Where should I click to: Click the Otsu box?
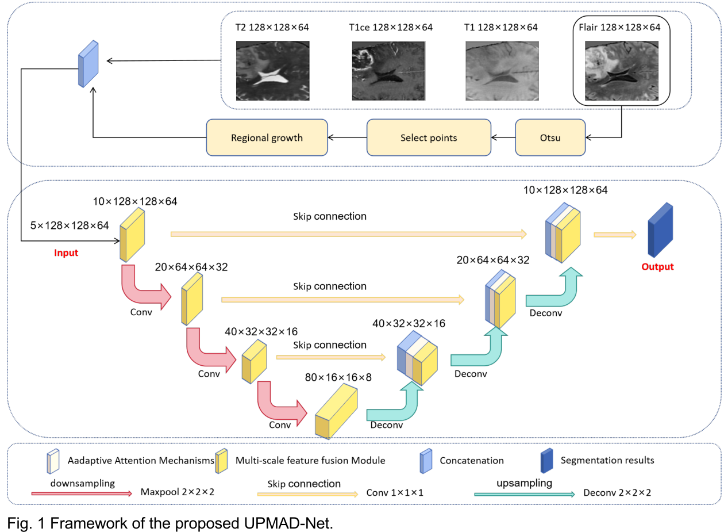coord(550,137)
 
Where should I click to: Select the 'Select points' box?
coord(429,137)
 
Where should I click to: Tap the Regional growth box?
coord(267,137)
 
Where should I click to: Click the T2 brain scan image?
coord(273,71)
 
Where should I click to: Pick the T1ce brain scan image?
coord(388,71)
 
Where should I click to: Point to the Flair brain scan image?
coord(621,71)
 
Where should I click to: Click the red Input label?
coord(66,252)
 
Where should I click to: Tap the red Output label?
coord(657,267)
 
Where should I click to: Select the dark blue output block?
coord(660,230)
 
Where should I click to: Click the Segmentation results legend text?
coord(607,460)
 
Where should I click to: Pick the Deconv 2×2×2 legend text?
coord(617,493)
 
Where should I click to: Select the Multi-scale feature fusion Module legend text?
coord(310,460)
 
